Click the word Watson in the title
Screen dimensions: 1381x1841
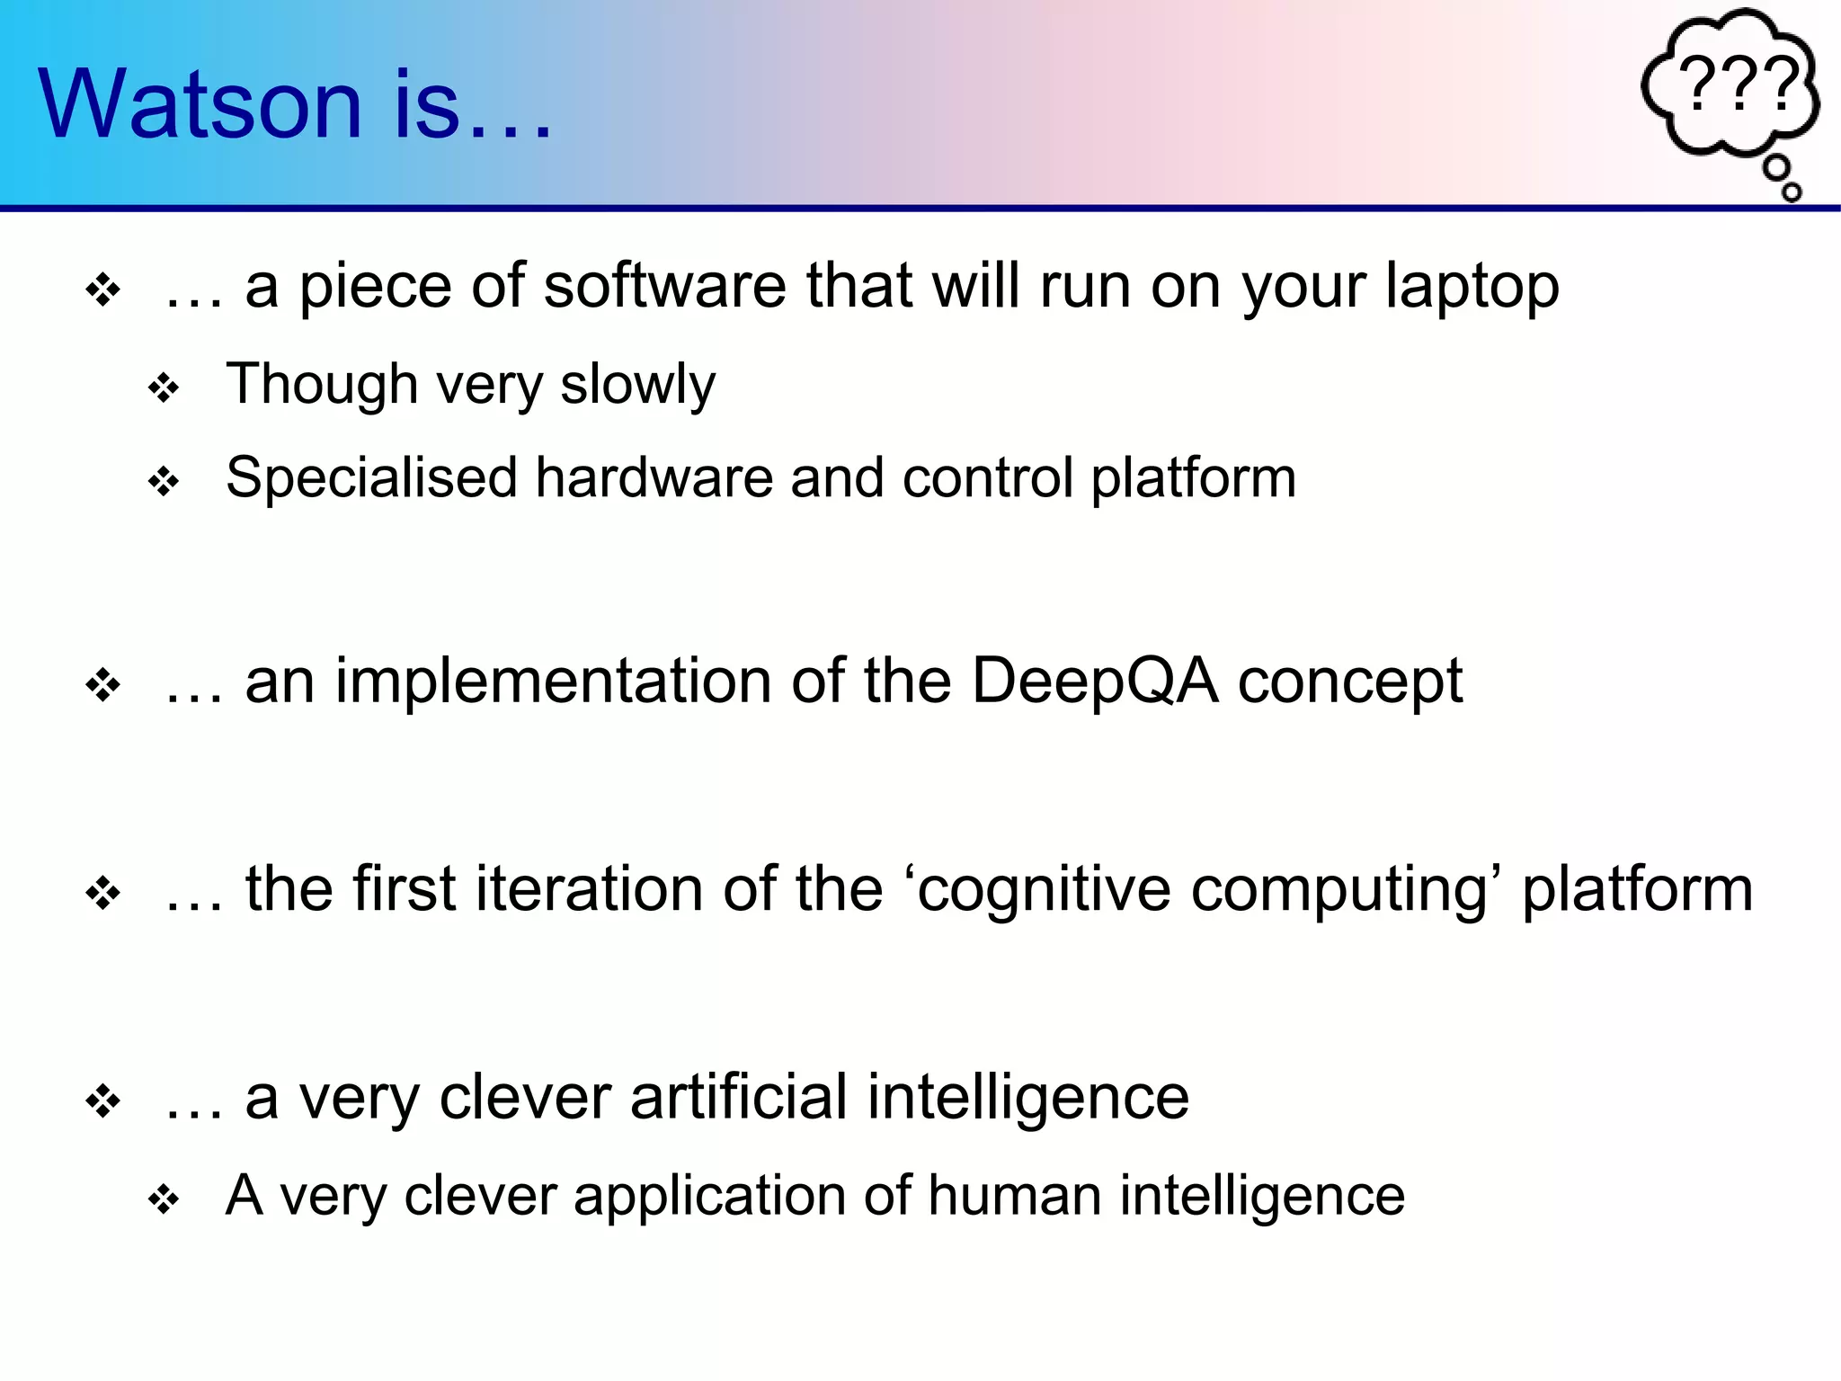[x=200, y=104]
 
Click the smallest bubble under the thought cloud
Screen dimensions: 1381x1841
[x=1792, y=192]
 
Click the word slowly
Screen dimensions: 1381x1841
[x=637, y=385]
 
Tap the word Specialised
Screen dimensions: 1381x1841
[x=371, y=478]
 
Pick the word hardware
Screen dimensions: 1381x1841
[x=654, y=478]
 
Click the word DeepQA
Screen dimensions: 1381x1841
[x=1094, y=681]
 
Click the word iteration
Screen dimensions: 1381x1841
[x=590, y=889]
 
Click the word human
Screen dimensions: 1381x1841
[x=1014, y=1197]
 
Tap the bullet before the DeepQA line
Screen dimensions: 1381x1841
[x=103, y=687]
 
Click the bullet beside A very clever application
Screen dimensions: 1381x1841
[x=164, y=1200]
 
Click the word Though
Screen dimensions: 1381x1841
[x=322, y=385]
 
